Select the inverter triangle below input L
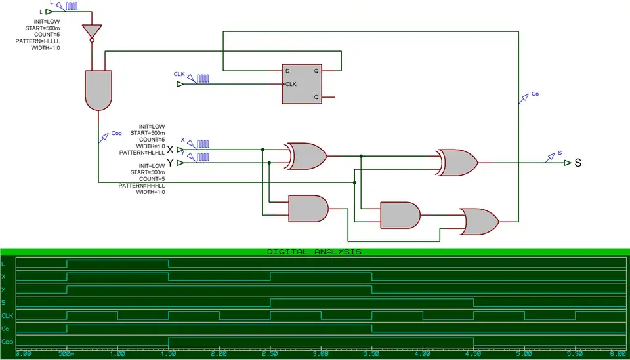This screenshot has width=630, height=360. coord(93,31)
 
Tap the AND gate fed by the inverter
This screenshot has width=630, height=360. coord(98,90)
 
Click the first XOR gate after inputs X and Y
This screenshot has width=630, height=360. coord(306,155)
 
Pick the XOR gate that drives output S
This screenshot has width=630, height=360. coord(457,162)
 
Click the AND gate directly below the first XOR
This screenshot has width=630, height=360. coord(308,209)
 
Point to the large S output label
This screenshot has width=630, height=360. coord(578,163)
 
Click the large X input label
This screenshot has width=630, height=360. coord(171,150)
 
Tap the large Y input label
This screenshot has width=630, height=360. coord(171,162)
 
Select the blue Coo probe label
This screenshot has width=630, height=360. coord(116,133)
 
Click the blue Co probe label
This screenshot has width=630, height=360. coord(535,94)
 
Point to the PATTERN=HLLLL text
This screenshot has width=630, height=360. coord(37,41)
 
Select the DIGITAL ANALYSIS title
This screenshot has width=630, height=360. coord(314,252)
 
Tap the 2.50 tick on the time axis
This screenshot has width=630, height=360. coord(270,353)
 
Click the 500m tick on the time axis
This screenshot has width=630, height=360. coord(67,353)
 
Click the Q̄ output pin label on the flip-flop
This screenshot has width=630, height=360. coord(316,96)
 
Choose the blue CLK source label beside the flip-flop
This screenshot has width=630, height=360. coord(179,74)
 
